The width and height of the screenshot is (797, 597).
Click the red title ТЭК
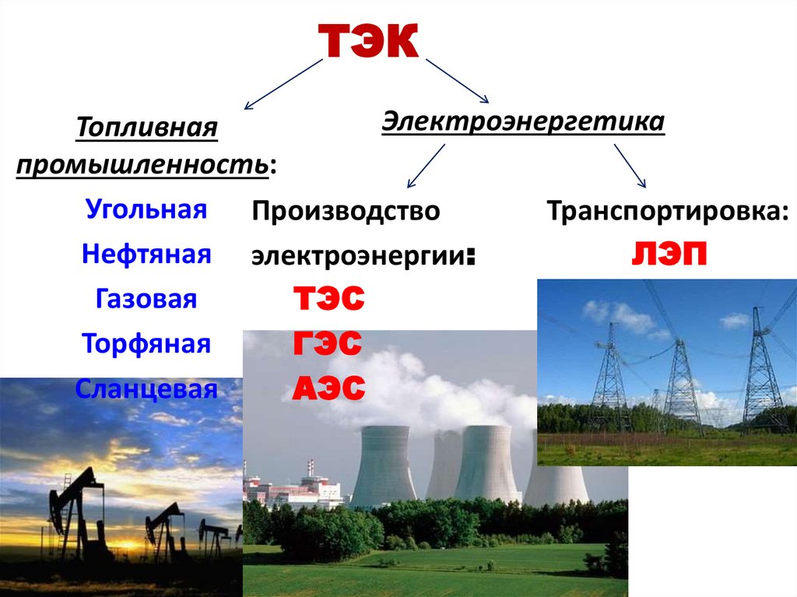[x=368, y=40]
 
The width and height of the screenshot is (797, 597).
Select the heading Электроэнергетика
[x=523, y=121]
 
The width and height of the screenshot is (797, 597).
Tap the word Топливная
[x=147, y=127]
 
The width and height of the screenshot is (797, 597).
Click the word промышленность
[x=142, y=165]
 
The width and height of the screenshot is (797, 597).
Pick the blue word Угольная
[x=146, y=209]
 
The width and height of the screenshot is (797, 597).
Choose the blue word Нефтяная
[x=146, y=253]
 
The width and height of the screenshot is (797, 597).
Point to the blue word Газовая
[x=146, y=299]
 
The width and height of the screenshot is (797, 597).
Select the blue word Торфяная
[x=146, y=343]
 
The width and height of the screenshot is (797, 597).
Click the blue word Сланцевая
[x=146, y=389]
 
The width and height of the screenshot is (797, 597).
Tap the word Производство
[x=346, y=210]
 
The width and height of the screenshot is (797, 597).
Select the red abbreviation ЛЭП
[x=669, y=253]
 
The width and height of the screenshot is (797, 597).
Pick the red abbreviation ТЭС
[x=329, y=297]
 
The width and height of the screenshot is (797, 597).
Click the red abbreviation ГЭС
[x=328, y=342]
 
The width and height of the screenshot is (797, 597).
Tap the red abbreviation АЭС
[x=329, y=388]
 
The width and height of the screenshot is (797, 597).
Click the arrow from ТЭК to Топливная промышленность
[x=283, y=84]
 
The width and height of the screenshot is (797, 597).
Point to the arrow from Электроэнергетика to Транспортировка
[x=630, y=166]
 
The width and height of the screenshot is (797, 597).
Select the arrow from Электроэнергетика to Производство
[x=426, y=166]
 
